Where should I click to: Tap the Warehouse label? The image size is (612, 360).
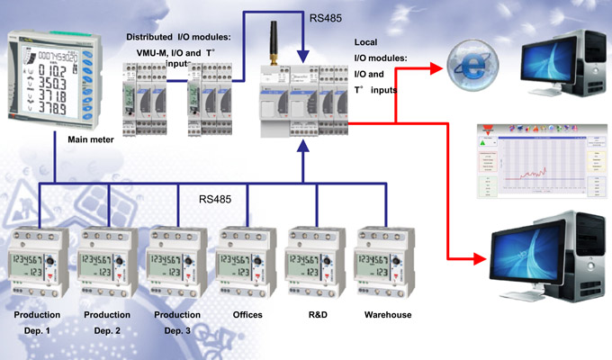pyautogui.click(x=388, y=315)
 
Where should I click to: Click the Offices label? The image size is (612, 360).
pyautogui.click(x=247, y=315)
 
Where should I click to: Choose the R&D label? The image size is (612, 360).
pyautogui.click(x=316, y=315)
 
